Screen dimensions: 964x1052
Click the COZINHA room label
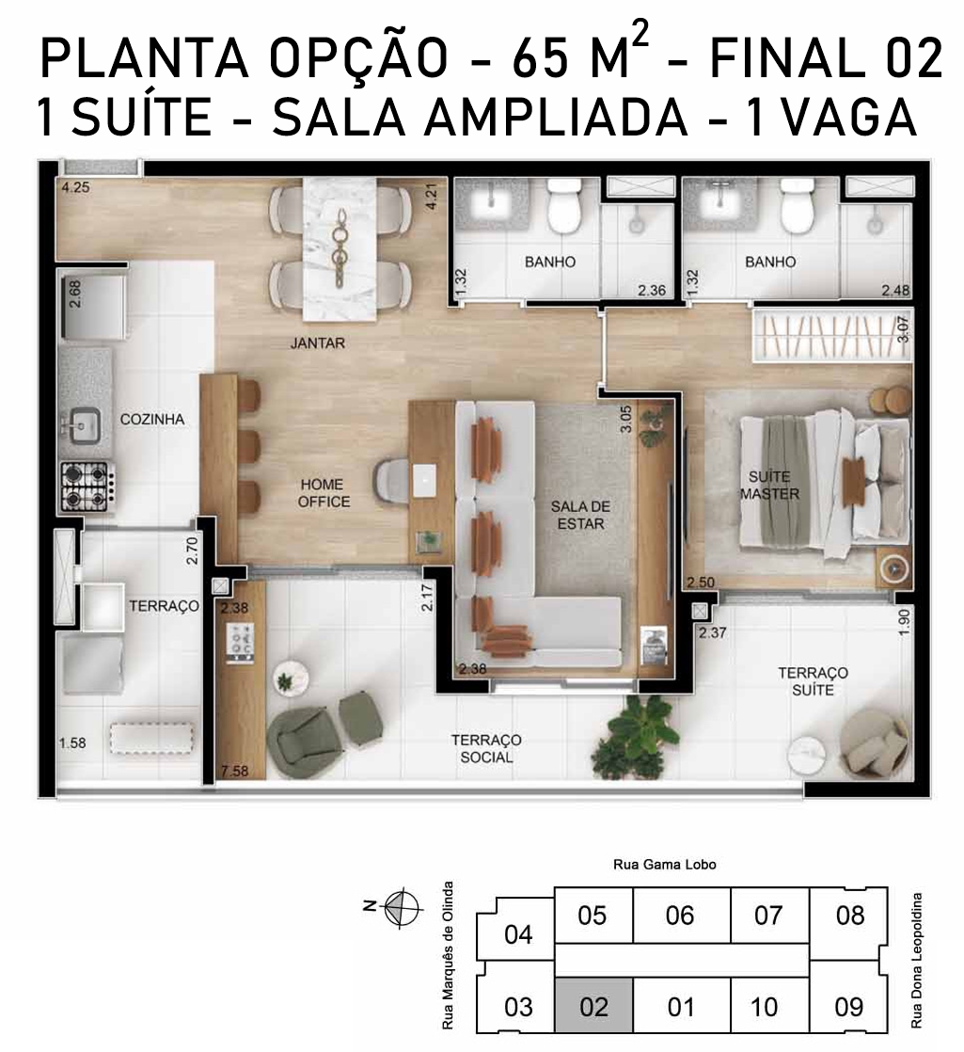tap(152, 420)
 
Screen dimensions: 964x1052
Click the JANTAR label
tap(318, 343)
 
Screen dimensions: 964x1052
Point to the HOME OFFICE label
tap(324, 493)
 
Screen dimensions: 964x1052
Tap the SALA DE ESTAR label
tap(580, 516)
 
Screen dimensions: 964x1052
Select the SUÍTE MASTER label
tap(769, 486)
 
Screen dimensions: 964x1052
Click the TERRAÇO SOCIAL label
tap(486, 749)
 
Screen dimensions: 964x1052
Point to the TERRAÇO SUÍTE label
tap(814, 681)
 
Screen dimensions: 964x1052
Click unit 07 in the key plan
tap(768, 916)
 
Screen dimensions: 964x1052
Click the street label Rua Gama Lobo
tap(664, 865)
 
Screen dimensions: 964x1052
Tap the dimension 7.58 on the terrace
tap(234, 772)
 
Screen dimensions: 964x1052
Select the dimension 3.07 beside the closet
tap(903, 329)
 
